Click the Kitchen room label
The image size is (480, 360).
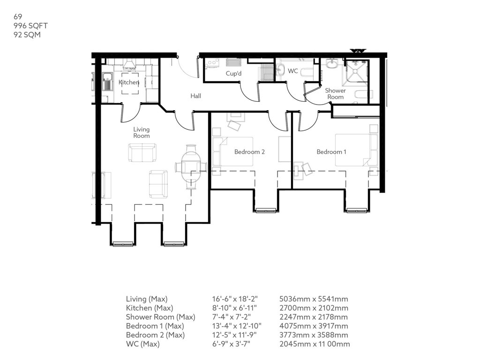129,82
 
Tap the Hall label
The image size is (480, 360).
196,96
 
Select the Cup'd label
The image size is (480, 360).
233,74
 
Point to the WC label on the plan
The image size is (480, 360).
293,71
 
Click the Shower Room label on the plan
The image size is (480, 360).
336,94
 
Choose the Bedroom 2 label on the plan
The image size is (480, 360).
249,152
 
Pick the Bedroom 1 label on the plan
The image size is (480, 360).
331,152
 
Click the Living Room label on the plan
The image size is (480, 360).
142,133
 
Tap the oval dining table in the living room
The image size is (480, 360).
191,167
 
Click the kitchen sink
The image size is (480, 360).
107,82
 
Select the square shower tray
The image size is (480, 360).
355,71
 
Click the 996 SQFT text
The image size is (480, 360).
30,26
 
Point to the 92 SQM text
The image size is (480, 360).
27,35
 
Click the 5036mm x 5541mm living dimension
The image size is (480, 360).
314,299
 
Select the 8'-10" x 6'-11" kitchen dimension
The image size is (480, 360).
234,308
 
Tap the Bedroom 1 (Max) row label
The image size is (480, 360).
155,326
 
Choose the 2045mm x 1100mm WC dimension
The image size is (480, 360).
315,344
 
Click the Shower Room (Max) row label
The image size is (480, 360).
161,317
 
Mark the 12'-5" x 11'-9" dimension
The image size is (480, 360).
234,335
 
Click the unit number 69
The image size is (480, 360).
18,16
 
